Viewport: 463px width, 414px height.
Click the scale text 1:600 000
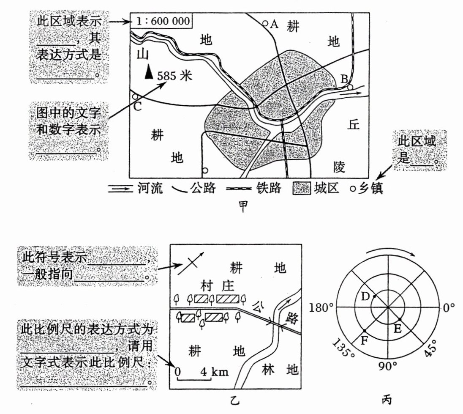161,21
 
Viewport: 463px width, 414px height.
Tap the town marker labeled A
265,24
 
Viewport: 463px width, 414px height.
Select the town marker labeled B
350,87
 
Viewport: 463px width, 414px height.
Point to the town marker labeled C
135,97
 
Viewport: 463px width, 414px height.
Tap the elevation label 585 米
174,76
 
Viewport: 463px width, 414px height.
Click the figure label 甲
244,206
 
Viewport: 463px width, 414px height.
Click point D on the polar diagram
375,296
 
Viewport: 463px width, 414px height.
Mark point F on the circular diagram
364,331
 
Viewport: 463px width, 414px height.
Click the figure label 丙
388,399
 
